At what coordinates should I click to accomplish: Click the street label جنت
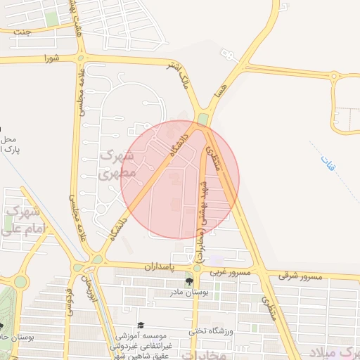pyautogui.click(x=22, y=31)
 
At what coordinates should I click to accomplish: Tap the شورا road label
pyautogui.click(x=49, y=57)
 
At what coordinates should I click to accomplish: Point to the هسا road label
pyautogui.click(x=222, y=89)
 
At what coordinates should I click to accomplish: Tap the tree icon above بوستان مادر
pyautogui.click(x=189, y=282)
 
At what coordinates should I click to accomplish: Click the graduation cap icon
pyautogui.click(x=141, y=325)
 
